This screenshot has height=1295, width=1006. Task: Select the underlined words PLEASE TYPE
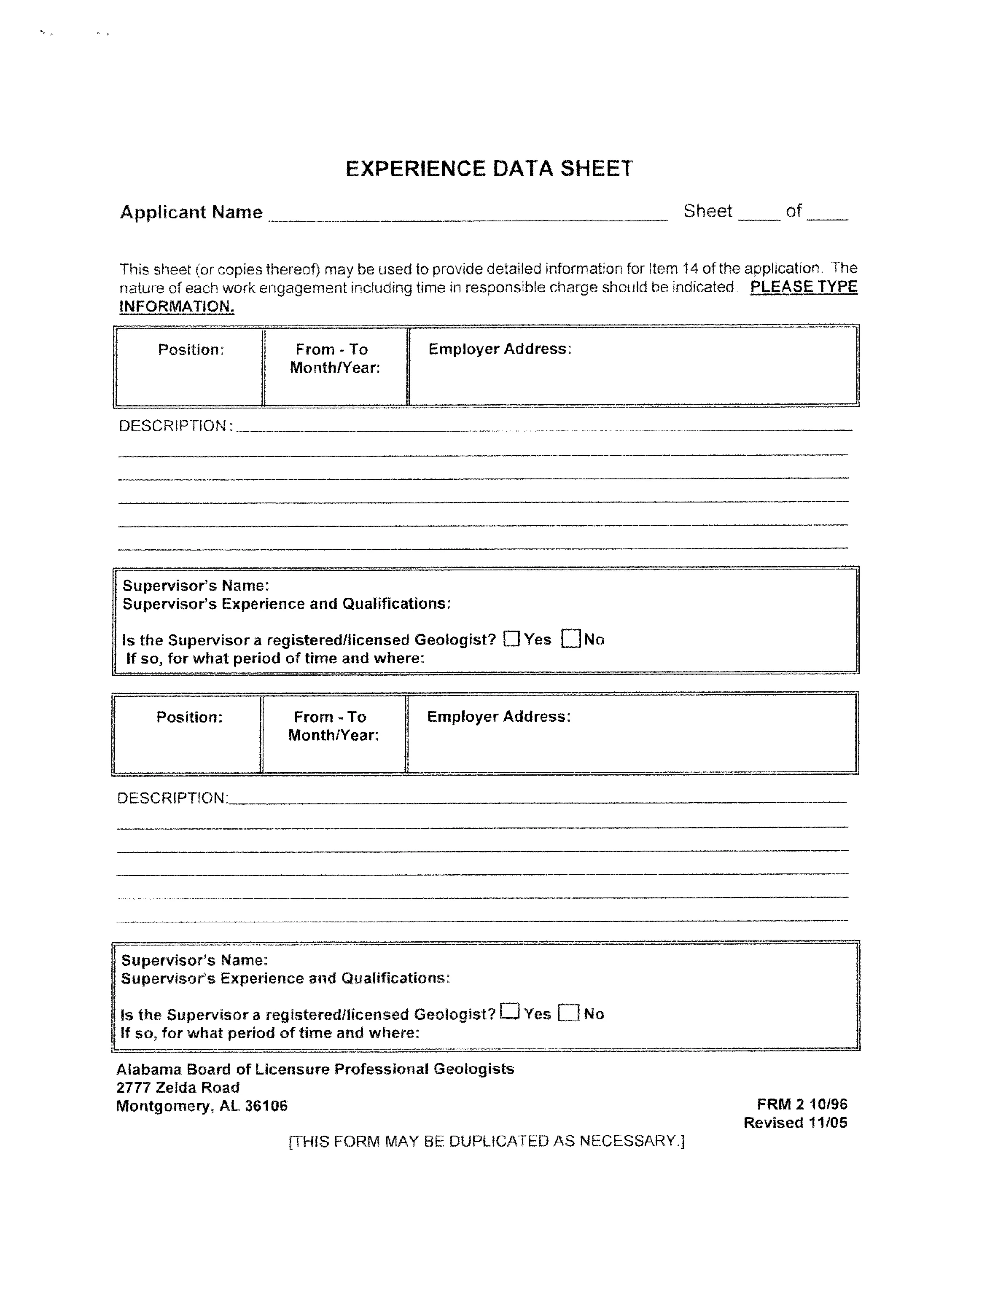[804, 287]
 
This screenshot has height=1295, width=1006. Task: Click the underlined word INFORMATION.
[177, 306]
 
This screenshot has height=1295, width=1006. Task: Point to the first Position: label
[191, 350]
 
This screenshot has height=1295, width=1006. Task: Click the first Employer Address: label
[500, 349]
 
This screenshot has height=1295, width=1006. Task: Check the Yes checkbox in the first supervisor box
[511, 639]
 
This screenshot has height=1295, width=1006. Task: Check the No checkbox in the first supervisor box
[570, 639]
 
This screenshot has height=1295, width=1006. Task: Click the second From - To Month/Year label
[334, 726]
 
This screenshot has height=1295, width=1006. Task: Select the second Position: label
[189, 717]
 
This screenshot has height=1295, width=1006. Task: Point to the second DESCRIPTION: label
[172, 798]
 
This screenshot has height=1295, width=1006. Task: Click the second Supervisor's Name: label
[194, 960]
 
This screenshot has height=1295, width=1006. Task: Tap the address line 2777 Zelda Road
[178, 1088]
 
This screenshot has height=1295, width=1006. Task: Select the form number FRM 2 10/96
[802, 1104]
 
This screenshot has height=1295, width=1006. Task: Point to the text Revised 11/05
[796, 1123]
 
